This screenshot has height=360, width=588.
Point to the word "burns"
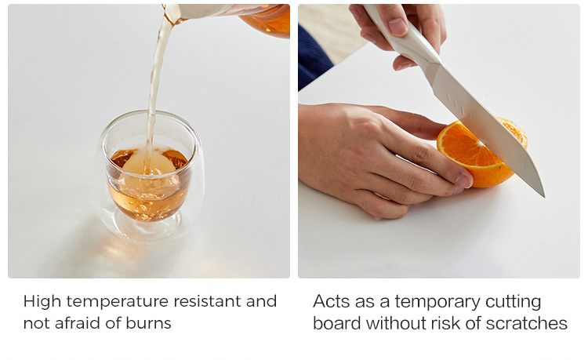(x=148, y=323)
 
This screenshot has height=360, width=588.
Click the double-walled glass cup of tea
(x=149, y=176)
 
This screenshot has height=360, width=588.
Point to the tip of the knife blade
(x=543, y=195)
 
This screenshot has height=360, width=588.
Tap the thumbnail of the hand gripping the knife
(x=397, y=27)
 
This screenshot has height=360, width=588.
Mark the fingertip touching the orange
(x=463, y=180)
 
